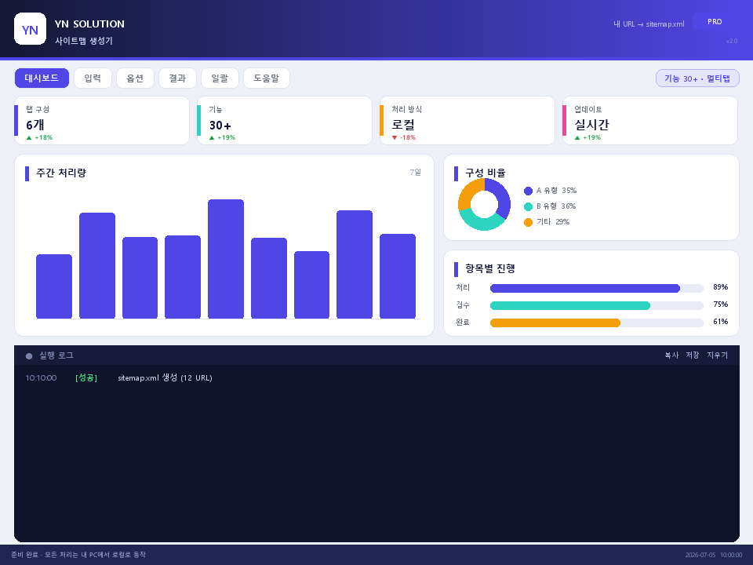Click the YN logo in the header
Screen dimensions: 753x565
click(31, 29)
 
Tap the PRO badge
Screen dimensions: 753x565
click(714, 22)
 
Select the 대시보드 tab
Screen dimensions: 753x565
click(42, 78)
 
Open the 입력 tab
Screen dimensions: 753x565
click(93, 78)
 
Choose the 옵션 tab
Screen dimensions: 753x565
click(135, 78)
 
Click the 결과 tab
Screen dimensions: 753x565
click(177, 78)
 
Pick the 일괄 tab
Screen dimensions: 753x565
click(220, 78)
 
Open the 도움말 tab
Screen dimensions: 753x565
click(267, 78)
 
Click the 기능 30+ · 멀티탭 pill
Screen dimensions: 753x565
click(697, 78)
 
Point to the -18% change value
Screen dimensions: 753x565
click(407, 137)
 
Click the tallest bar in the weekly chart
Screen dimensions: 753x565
click(226, 259)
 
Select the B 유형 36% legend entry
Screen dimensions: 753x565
click(550, 206)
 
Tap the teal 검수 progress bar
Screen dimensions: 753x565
click(570, 305)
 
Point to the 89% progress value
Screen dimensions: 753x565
click(720, 287)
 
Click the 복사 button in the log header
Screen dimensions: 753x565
click(671, 355)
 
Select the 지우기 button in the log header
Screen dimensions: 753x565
click(717, 355)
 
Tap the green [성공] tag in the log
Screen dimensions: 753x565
click(86, 377)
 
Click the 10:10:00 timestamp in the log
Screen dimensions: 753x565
click(41, 377)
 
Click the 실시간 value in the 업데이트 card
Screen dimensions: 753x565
click(591, 125)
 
